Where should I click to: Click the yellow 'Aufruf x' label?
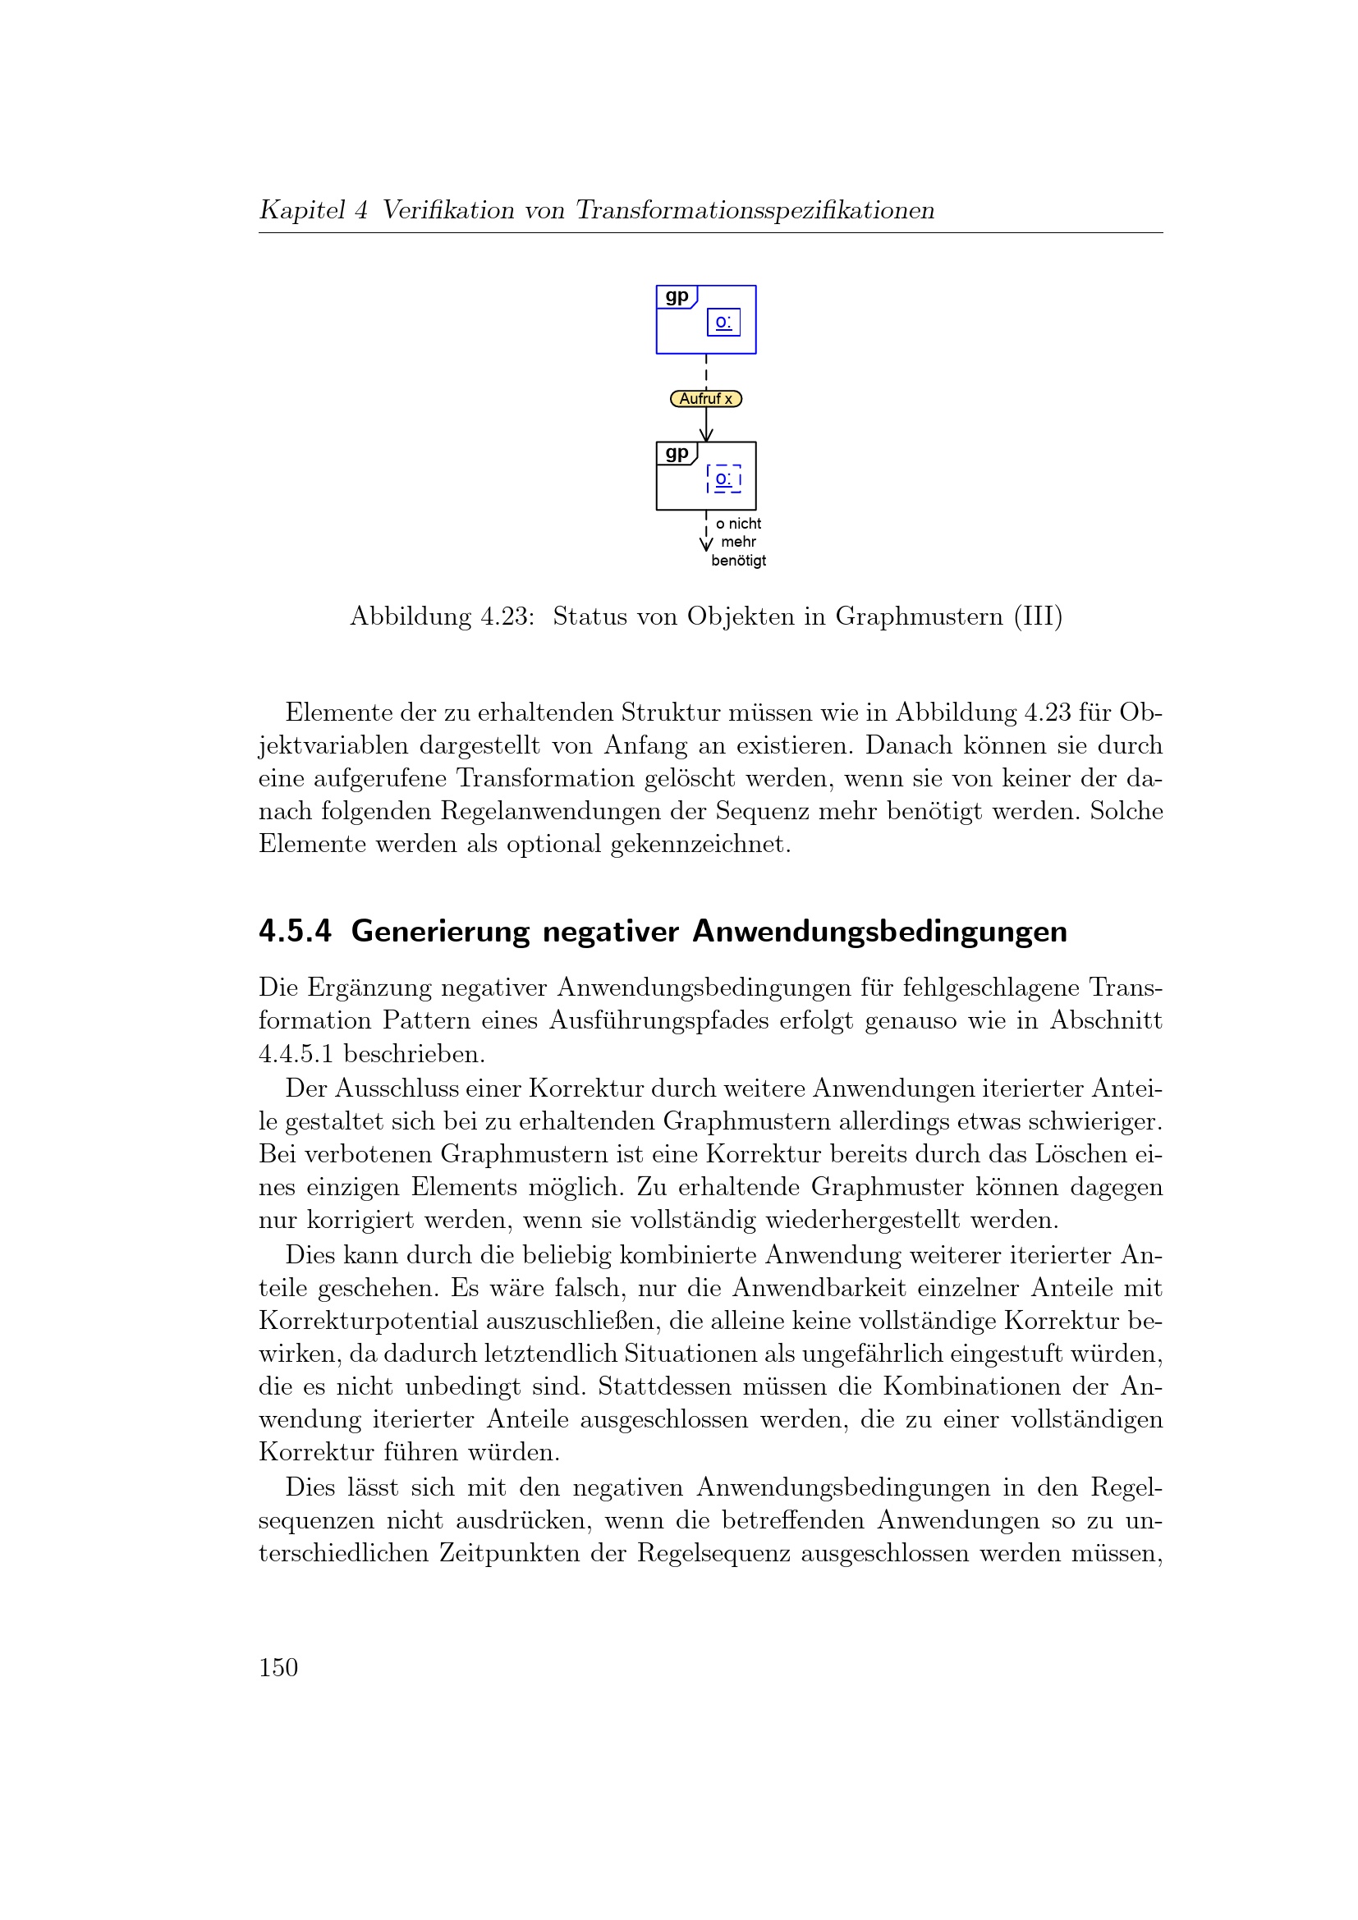pyautogui.click(x=706, y=399)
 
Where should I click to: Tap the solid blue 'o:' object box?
pyautogui.click(x=723, y=322)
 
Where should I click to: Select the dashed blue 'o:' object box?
pyautogui.click(x=723, y=479)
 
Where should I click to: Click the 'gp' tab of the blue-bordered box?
pyautogui.click(x=677, y=297)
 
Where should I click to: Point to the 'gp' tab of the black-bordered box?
pyautogui.click(x=677, y=453)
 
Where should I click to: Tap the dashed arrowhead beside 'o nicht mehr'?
pyautogui.click(x=707, y=544)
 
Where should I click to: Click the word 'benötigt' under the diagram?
pyautogui.click(x=738, y=561)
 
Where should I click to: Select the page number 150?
pyautogui.click(x=278, y=1668)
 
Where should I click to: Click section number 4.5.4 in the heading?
pyautogui.click(x=296, y=931)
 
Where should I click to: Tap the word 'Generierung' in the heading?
pyautogui.click(x=441, y=931)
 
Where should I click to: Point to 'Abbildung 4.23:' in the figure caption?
pyautogui.click(x=442, y=616)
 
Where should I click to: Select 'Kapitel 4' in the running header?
pyautogui.click(x=314, y=210)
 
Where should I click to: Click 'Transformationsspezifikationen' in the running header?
pyautogui.click(x=755, y=210)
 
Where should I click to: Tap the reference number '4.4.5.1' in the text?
pyautogui.click(x=297, y=1054)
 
